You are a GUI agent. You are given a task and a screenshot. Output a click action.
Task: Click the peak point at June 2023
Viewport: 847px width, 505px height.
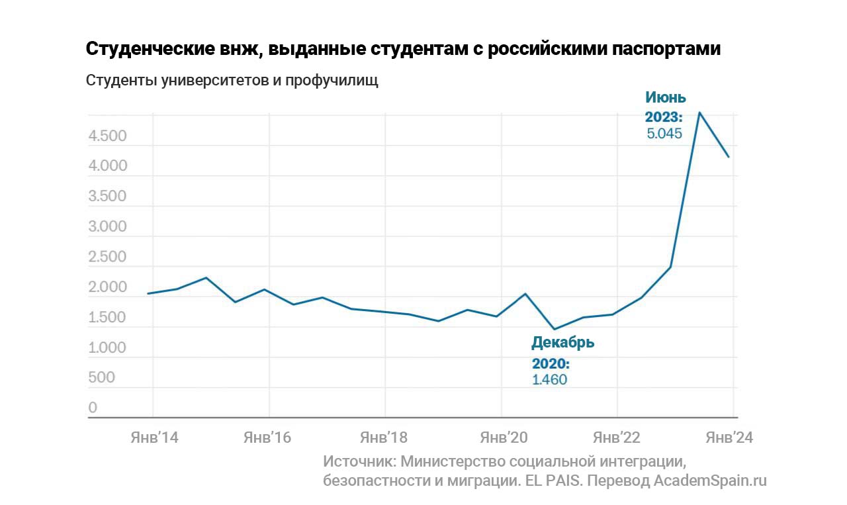pyautogui.click(x=699, y=113)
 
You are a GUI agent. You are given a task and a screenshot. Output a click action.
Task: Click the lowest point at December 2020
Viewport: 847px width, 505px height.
pyautogui.click(x=554, y=329)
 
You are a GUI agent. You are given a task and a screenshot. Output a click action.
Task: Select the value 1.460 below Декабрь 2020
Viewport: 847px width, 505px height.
pyautogui.click(x=549, y=380)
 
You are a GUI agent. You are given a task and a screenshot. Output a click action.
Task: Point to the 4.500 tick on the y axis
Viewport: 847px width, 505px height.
pyautogui.click(x=107, y=136)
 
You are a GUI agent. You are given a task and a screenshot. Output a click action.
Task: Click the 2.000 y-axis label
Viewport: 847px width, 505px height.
pyautogui.click(x=107, y=287)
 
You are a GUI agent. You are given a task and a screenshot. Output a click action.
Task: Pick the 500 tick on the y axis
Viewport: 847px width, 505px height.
pyautogui.click(x=101, y=378)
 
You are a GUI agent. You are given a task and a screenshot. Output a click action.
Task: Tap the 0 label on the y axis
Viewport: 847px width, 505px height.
pyautogui.click(x=93, y=408)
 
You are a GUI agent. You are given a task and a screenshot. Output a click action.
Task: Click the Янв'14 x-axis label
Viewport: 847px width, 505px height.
pyautogui.click(x=153, y=437)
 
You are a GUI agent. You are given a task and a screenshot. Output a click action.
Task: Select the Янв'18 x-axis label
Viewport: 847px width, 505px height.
pyautogui.click(x=385, y=437)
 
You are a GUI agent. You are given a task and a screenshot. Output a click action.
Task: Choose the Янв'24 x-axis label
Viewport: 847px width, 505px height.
pyautogui.click(x=729, y=437)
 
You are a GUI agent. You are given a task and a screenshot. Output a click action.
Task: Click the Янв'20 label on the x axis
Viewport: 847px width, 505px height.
pyautogui.click(x=502, y=437)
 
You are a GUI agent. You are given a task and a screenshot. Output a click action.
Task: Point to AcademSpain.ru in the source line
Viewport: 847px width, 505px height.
pyautogui.click(x=709, y=481)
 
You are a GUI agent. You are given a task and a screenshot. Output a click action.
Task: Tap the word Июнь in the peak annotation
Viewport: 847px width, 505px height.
pyautogui.click(x=666, y=98)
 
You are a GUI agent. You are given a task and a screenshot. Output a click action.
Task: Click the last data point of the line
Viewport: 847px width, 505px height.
pyautogui.click(x=729, y=157)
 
